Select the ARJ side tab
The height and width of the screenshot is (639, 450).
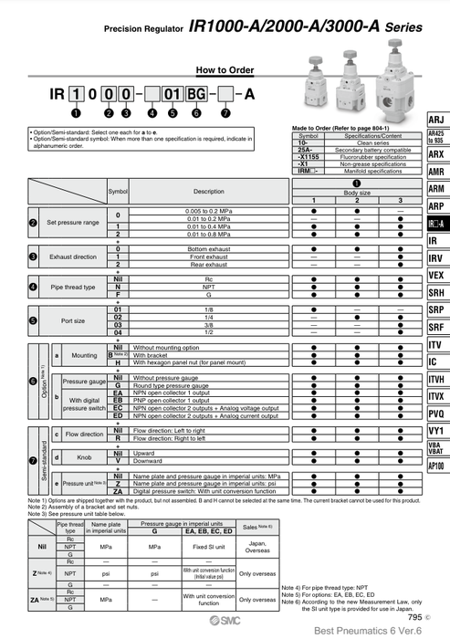click(x=436, y=120)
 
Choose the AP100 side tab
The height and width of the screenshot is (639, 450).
click(x=436, y=466)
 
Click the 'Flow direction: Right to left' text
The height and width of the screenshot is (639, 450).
click(x=173, y=437)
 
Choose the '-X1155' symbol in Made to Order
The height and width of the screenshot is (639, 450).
click(x=309, y=157)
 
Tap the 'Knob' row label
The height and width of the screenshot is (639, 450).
click(x=83, y=456)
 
